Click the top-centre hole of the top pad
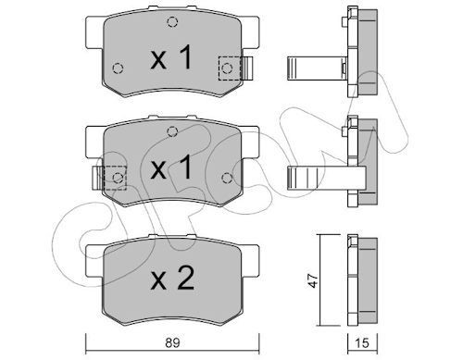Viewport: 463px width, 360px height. click(x=171, y=24)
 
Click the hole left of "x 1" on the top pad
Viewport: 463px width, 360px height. click(x=118, y=68)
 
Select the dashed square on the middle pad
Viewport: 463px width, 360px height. click(x=115, y=176)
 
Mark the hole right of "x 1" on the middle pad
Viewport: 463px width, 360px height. click(x=225, y=176)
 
